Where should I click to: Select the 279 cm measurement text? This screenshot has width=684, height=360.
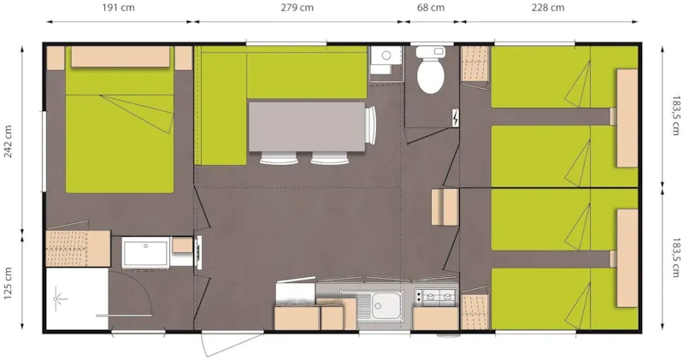click(x=296, y=9)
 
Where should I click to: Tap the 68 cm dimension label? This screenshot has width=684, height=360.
click(x=430, y=9)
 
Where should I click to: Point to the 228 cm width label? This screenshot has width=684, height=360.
click(x=547, y=9)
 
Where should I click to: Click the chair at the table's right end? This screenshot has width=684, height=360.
click(x=371, y=126)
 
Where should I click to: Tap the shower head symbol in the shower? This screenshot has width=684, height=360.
click(x=60, y=298)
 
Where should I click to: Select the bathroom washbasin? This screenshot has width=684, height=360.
click(x=144, y=253)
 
